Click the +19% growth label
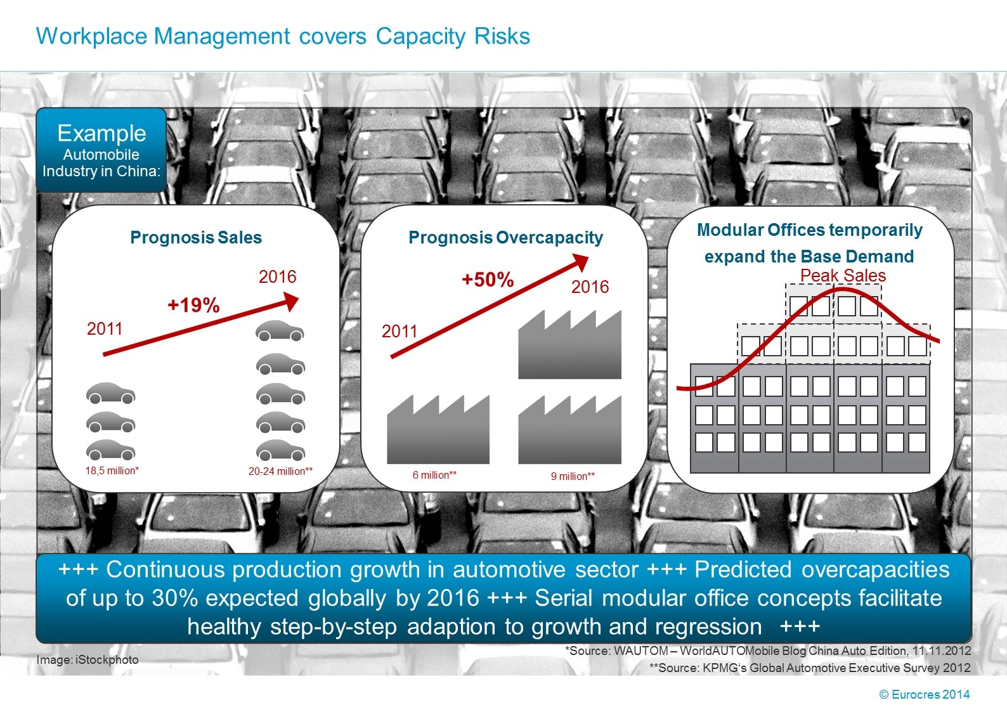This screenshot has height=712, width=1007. coord(193,306)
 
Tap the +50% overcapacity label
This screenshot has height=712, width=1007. coord(488,280)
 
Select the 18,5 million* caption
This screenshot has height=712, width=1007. coord(112,470)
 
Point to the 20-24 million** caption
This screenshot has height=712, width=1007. coord(280,471)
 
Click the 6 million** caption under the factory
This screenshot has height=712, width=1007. coord(434,475)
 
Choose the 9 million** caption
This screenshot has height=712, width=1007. coord(573,476)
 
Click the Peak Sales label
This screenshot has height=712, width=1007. coord(843,276)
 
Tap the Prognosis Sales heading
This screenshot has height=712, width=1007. coord(196,238)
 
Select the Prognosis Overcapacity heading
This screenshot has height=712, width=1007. coord(505,238)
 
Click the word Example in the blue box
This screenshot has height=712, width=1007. coord(101,133)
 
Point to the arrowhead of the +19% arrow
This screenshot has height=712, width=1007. coord(291,301)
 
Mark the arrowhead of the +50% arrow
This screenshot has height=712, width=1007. coord(580,261)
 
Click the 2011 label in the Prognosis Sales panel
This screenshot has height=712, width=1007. coord(105,328)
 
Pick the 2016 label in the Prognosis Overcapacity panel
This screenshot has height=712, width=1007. coord(590,287)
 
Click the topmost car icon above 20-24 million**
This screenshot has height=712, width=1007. coord(280,331)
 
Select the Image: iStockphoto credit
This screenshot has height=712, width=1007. coord(88,660)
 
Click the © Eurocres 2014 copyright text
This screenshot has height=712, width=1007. coord(924,694)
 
